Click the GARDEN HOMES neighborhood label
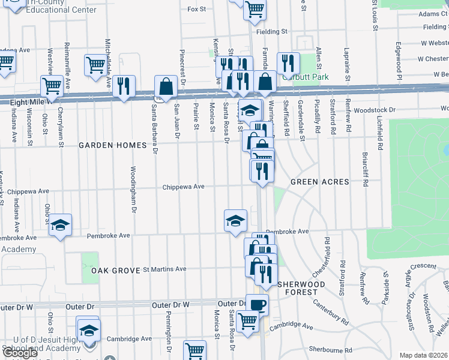[113, 145]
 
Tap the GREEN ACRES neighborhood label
[316, 181]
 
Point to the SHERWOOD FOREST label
[300, 287]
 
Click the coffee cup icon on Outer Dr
[257, 305]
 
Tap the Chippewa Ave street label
[184, 187]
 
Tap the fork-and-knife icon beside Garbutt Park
[288, 63]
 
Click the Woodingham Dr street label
[133, 184]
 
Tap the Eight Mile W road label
[30, 103]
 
